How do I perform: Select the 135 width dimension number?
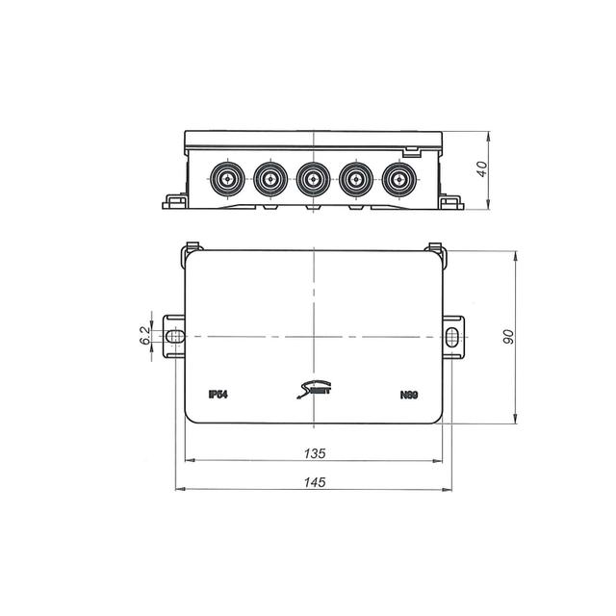pos(315,452)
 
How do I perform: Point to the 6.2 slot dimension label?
pos(144,336)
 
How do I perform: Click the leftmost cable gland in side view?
pos(228,179)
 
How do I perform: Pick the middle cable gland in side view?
pos(313,179)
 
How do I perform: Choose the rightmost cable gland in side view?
pos(397,179)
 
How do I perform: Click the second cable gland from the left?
pos(270,179)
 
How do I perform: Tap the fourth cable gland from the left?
pos(355,179)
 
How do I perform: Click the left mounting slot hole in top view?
pos(174,336)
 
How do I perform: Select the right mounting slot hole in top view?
pos(452,336)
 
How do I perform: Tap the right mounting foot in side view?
pos(450,202)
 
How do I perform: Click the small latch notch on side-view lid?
pos(411,150)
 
